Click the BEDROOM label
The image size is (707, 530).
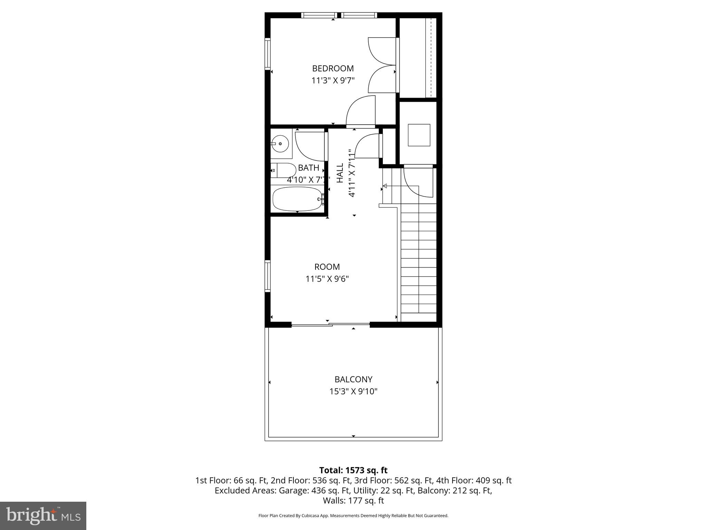pos(333,68)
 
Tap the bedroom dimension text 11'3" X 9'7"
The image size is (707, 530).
pos(333,81)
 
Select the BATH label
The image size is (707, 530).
pos(308,168)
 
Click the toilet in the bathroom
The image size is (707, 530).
pos(283,170)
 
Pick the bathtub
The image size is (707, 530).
pos(297,199)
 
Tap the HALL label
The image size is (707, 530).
pos(340,173)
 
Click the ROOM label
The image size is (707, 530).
pos(327,267)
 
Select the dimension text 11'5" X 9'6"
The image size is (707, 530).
pos(327,279)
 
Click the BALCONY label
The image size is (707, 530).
pos(353,380)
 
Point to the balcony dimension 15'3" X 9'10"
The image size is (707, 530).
pos(353,392)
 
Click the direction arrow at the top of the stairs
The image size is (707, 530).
pos(385,186)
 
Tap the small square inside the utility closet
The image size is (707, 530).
pos(419,135)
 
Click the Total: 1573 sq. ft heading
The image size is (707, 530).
pos(353,470)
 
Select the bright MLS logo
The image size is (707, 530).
pos(43,516)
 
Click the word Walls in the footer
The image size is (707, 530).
pos(332,501)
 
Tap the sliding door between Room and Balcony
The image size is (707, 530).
pos(331,324)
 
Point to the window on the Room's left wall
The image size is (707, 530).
pos(268,276)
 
